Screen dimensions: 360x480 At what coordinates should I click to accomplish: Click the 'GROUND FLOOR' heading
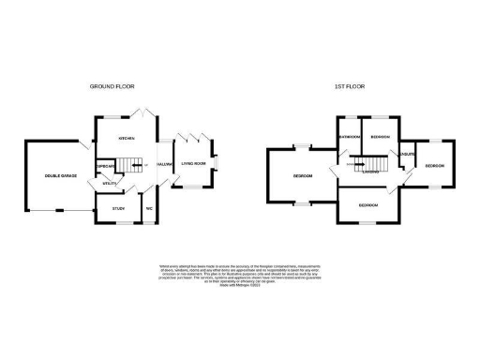(x=112, y=85)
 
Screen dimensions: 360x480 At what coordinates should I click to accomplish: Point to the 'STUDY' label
(x=118, y=208)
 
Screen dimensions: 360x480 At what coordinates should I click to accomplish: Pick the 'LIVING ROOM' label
(x=194, y=164)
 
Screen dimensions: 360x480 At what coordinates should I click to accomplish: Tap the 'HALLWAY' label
(x=165, y=164)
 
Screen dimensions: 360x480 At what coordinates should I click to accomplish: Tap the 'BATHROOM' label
(x=350, y=137)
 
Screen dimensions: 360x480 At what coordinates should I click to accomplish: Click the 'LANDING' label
(x=371, y=172)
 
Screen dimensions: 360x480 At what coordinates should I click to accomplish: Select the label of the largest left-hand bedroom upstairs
(x=302, y=176)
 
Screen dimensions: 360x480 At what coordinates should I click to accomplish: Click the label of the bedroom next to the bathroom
(x=380, y=137)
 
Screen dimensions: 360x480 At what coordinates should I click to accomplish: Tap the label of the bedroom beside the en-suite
(x=434, y=166)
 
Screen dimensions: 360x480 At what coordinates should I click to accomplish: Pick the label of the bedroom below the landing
(x=367, y=204)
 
